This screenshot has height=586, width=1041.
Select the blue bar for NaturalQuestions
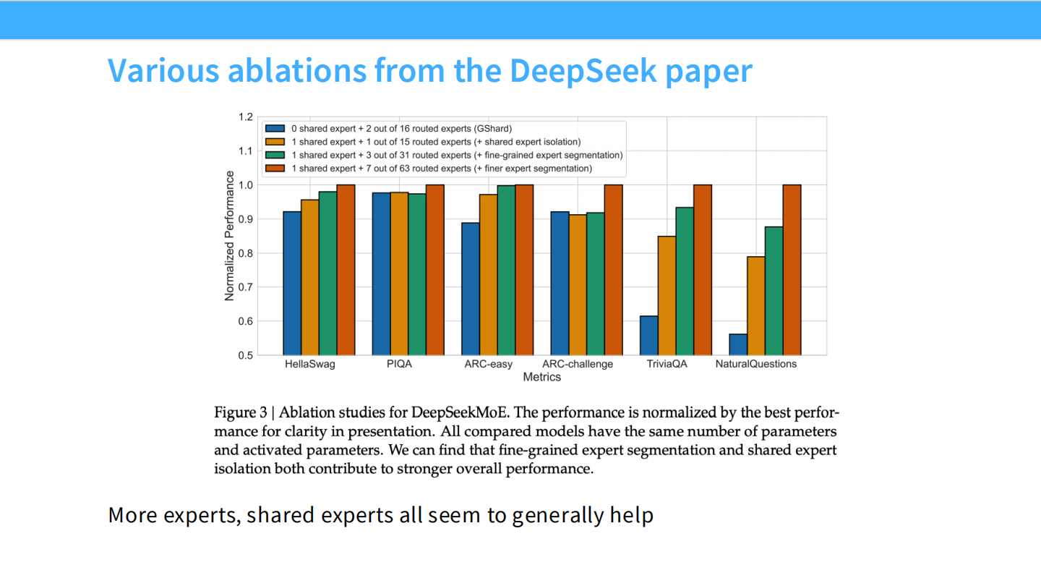pyautogui.click(x=738, y=344)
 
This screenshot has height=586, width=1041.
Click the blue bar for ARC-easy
pyautogui.click(x=471, y=289)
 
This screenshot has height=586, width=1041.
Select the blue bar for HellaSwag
pyautogui.click(x=292, y=283)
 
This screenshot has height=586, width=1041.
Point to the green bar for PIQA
pyautogui.click(x=417, y=274)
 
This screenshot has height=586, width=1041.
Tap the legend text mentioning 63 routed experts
pyautogui.click(x=441, y=169)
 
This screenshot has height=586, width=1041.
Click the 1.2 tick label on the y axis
pyautogui.click(x=245, y=117)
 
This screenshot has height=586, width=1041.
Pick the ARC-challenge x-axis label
pyautogui.click(x=578, y=364)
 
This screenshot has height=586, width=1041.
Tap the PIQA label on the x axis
pyautogui.click(x=399, y=364)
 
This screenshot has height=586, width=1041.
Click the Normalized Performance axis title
pyautogui.click(x=230, y=236)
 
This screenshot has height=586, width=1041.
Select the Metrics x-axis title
pyautogui.click(x=542, y=377)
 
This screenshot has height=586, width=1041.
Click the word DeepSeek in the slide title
pyautogui.click(x=583, y=70)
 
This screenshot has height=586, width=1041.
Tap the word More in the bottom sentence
pyautogui.click(x=132, y=515)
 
